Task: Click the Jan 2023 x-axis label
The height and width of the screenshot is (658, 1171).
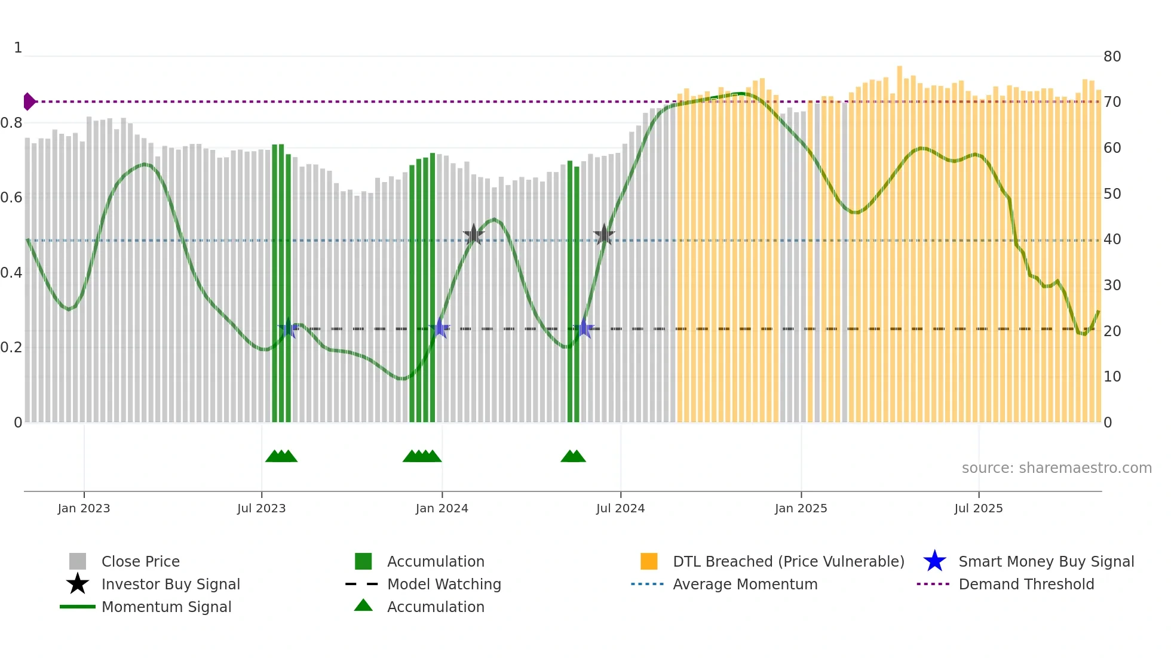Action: click(84, 508)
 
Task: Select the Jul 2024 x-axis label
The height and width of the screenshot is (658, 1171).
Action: click(620, 508)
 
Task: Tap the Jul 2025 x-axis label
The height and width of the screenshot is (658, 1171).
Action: click(978, 508)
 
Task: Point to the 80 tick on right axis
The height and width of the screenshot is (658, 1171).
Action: click(1112, 57)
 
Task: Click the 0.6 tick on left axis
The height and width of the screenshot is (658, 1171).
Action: click(11, 198)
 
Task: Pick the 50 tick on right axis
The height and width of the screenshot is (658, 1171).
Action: click(1112, 194)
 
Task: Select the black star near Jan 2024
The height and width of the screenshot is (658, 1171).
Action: click(473, 235)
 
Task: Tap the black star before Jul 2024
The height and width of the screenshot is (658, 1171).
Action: click(604, 235)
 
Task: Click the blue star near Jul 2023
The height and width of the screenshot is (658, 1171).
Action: click(288, 328)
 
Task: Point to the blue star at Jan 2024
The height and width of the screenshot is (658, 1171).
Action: click(440, 328)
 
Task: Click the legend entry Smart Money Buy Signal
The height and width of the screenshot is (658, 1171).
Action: click(1046, 561)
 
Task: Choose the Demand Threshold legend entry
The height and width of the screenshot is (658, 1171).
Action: click(1026, 584)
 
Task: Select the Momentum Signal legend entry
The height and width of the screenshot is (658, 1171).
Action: click(166, 607)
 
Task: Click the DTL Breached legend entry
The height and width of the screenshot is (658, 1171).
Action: click(788, 561)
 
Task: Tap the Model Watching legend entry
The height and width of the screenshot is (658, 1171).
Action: click(443, 584)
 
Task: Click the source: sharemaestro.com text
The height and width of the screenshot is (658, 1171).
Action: click(1056, 468)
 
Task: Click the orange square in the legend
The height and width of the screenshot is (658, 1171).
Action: click(649, 561)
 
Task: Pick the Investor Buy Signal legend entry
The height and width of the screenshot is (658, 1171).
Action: click(170, 584)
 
